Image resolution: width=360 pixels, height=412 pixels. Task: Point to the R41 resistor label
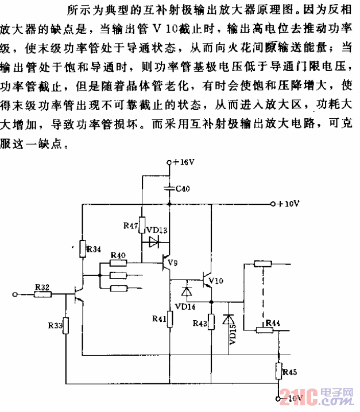[159, 317]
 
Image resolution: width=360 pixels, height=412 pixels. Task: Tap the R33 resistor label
[56, 325]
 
